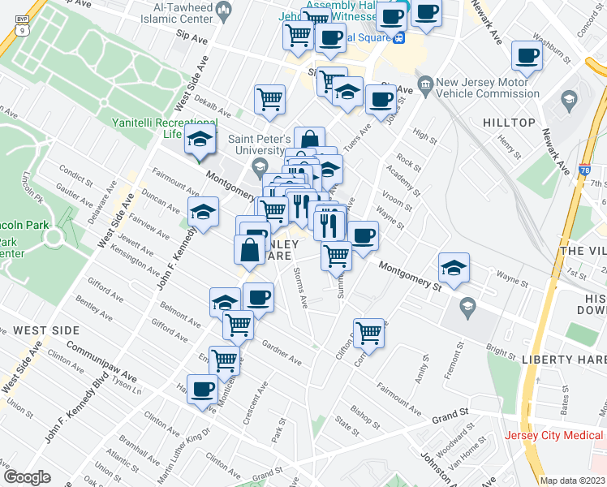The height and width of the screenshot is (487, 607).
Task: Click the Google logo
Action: pos(26,476)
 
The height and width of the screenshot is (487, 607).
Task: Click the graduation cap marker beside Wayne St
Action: pos(454,268)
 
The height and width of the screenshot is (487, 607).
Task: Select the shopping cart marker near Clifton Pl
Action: pos(369,333)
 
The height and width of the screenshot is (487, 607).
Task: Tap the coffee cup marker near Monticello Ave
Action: pos(202,389)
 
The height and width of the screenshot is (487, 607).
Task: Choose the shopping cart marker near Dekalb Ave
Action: pos(269,99)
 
